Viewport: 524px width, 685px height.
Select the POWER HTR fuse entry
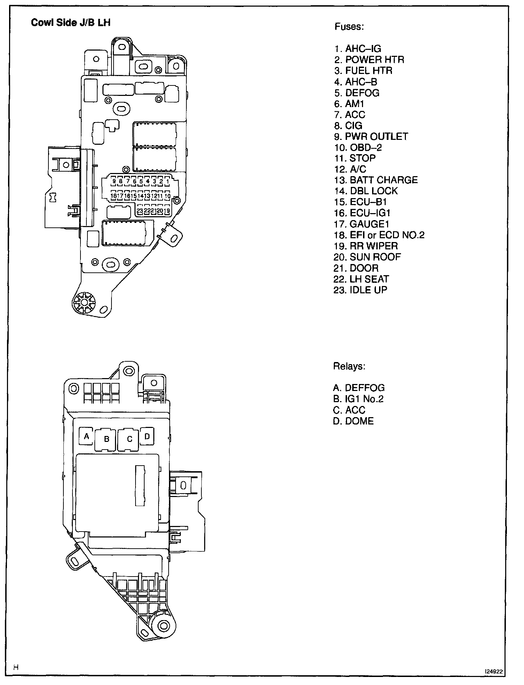pyautogui.click(x=369, y=60)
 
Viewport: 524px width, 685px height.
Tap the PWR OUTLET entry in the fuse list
pyautogui.click(x=371, y=136)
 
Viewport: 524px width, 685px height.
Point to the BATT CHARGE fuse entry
pyautogui.click(x=376, y=180)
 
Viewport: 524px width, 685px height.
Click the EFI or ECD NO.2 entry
pyautogui.click(x=379, y=235)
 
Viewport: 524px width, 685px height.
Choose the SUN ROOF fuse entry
pyautogui.click(x=367, y=257)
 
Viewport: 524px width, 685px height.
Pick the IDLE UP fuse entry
pyautogui.click(x=360, y=290)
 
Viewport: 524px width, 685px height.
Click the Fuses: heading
pyautogui.click(x=349, y=27)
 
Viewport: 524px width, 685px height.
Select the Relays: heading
pyautogui.click(x=349, y=367)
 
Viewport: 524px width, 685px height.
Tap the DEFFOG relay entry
pyautogui.click(x=359, y=388)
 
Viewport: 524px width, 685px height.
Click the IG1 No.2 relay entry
pyautogui.click(x=358, y=399)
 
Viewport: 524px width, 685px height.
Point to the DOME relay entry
pyautogui.click(x=353, y=421)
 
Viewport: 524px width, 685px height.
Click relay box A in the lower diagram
pyautogui.click(x=87, y=436)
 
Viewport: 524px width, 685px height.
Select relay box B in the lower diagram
pyautogui.click(x=107, y=439)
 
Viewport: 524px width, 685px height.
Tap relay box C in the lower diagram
pyautogui.click(x=129, y=439)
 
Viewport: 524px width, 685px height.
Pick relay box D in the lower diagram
pyautogui.click(x=147, y=436)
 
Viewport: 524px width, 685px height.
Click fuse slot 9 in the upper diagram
pyautogui.click(x=114, y=181)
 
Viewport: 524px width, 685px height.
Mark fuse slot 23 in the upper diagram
pyautogui.click(x=140, y=211)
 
